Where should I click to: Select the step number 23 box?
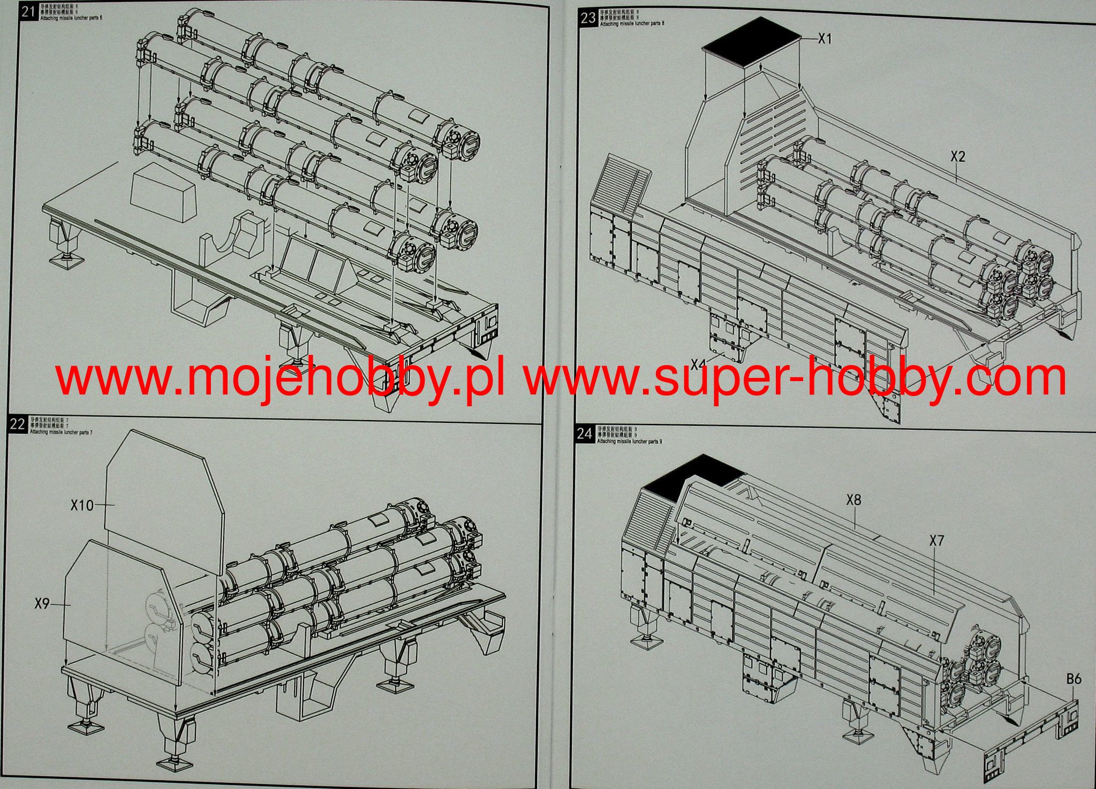tap(588, 18)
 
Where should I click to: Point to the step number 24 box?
tap(584, 434)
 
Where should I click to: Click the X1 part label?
tap(825, 39)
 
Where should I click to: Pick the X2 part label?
tap(957, 156)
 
